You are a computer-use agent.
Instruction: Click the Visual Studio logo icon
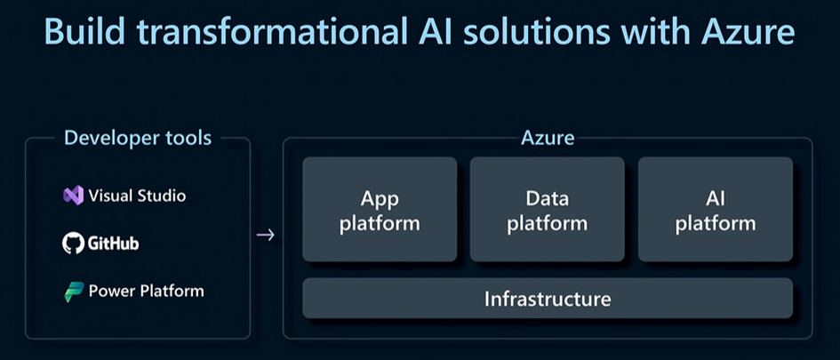tap(73, 196)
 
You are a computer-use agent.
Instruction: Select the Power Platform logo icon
tap(74, 292)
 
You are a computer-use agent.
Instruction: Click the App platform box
tap(380, 210)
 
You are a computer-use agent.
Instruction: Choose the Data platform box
tap(547, 210)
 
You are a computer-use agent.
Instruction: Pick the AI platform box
tap(715, 210)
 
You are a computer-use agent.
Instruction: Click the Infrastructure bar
tap(547, 299)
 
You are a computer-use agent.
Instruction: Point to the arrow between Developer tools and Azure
tap(265, 236)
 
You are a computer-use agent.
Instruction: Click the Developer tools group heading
tap(138, 138)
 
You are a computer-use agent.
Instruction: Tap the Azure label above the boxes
tap(548, 138)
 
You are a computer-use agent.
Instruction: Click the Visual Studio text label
tap(138, 196)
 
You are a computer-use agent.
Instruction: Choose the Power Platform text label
tap(146, 292)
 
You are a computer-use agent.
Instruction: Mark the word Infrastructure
tap(547, 299)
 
